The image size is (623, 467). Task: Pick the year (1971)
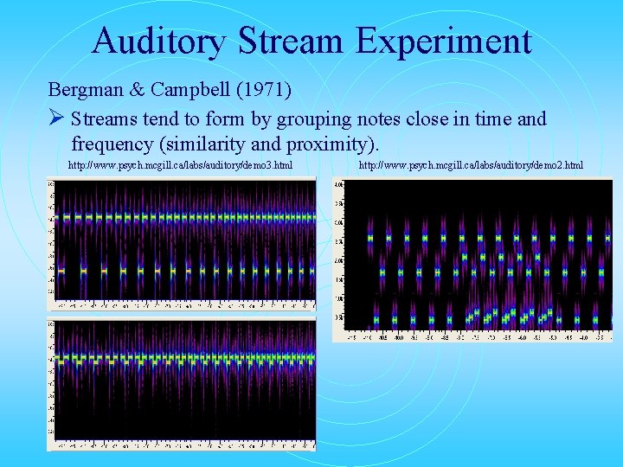click(260, 89)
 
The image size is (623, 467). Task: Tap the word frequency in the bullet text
click(108, 142)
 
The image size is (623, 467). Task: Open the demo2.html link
click(471, 164)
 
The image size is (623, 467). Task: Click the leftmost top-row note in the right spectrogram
click(371, 237)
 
